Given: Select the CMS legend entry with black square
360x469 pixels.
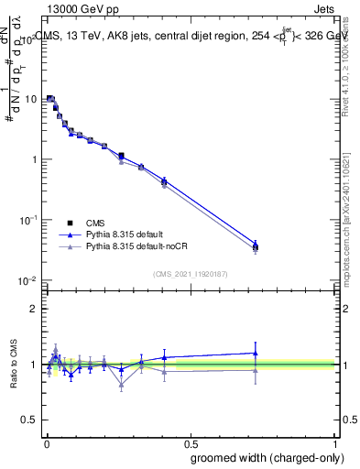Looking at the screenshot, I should (95, 223).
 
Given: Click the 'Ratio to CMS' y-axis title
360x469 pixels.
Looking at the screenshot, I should (13, 365).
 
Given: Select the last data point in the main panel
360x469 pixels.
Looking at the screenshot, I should (256, 246).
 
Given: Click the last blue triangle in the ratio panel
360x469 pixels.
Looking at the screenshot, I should (256, 353).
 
